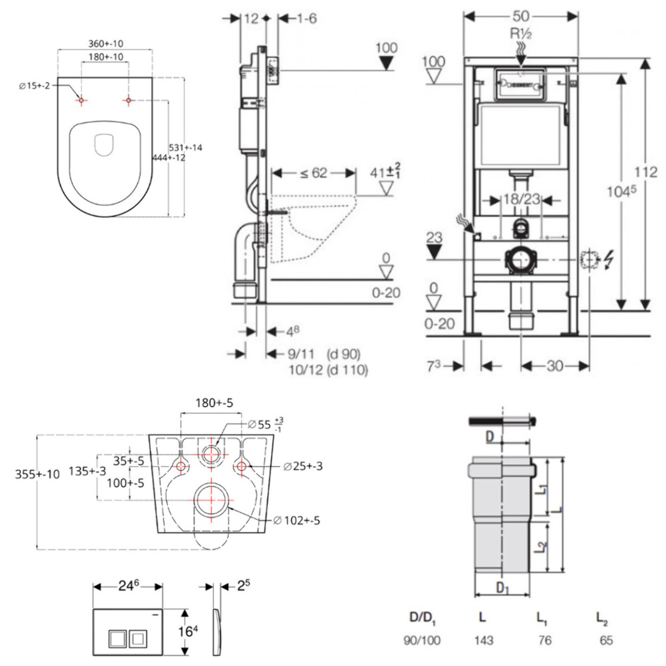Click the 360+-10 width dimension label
pos(105,44)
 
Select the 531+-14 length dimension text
pos(186,147)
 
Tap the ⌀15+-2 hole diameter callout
pos(35,85)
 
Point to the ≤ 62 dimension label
pos(314,173)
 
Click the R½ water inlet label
pos(521,34)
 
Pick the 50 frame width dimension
pos(521,17)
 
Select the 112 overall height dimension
pos(646,172)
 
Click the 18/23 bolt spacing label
pos(522,199)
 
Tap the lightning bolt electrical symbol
pos(609,261)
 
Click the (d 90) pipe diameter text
pos(344,354)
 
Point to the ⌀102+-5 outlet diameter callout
pos(296,520)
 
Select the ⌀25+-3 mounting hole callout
pos(304,466)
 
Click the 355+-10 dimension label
pos(37,474)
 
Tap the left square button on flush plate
pos(117,639)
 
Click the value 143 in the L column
pos(483,641)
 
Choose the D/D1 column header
pos(423,617)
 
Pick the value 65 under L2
pos(606,641)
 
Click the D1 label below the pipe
pos(503,588)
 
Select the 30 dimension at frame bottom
pos(555,366)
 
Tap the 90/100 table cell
pos(422,641)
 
